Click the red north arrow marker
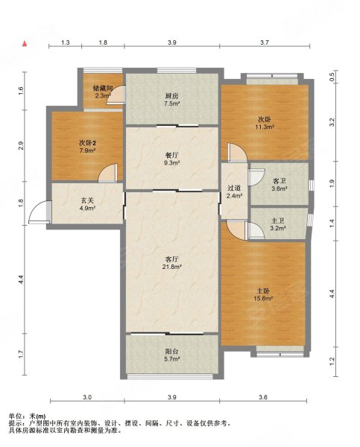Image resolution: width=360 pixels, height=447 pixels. coord(25,44)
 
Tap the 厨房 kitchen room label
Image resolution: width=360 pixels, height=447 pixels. coord(172,96)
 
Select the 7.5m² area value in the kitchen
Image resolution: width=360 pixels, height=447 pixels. coord(172,104)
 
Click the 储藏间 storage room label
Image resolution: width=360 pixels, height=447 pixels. coord(101,88)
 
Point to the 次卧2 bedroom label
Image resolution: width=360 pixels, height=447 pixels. coord(87,142)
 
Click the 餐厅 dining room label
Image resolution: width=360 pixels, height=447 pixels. coord(172,155)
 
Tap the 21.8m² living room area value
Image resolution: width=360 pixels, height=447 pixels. coord(172,267)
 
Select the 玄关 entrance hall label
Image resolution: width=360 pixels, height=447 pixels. coord(87,200)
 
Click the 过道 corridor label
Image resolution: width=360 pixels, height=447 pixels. coord(234,188)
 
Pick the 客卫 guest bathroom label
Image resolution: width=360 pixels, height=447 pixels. coord(280,181)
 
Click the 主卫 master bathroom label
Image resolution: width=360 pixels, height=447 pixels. coord(277,221)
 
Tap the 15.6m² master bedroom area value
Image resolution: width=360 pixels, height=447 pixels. coord(263,299)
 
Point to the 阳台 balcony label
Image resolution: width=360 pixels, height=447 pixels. coord(172,352)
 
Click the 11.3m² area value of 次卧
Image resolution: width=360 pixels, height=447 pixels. coord(265,127)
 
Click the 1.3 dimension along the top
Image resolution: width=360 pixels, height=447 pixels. coord(66,42)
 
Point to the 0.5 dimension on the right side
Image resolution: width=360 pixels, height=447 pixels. coord(332,77)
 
